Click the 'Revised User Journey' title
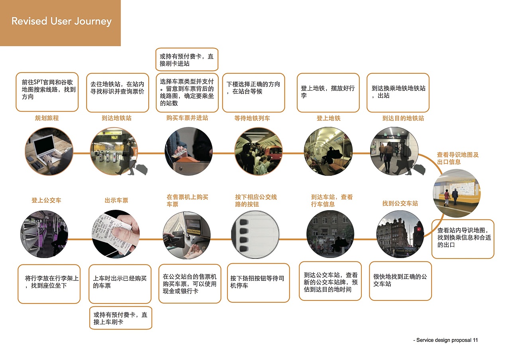pyautogui.click(x=61, y=21)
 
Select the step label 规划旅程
pyautogui.click(x=47, y=118)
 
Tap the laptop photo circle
pyautogui.click(x=49, y=151)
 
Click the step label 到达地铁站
pyautogui.click(x=116, y=118)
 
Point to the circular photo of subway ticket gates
pyautogui.click(x=114, y=151)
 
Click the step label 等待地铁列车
pyautogui.click(x=252, y=118)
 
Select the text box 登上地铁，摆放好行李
pyautogui.click(x=328, y=92)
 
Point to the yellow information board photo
pyautogui.click(x=457, y=193)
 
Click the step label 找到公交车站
pyautogui.click(x=400, y=203)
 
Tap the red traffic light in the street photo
pyautogui.click(x=418, y=230)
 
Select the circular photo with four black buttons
pyautogui.click(x=255, y=235)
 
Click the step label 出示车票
pyautogui.click(x=116, y=200)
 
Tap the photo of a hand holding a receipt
pyautogui.click(x=116, y=235)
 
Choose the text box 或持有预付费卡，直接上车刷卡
pyautogui.click(x=120, y=318)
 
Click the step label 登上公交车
pyautogui.click(x=46, y=200)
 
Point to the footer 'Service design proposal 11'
pyautogui.click(x=446, y=340)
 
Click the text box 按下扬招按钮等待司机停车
pyautogui.click(x=258, y=282)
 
